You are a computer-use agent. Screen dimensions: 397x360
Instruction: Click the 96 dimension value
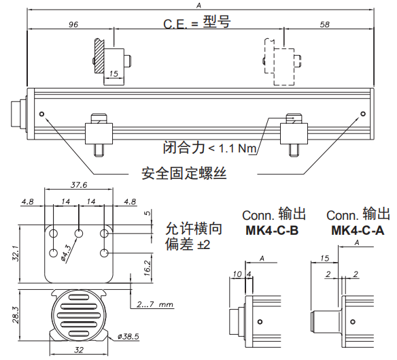pos(73,24)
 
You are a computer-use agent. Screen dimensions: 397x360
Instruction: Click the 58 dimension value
pos(325,24)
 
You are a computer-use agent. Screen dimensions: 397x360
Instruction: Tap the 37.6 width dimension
pos(79,185)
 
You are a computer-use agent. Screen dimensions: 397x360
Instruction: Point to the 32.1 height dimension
pos(16,253)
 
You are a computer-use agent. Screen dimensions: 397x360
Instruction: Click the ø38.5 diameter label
pos(128,336)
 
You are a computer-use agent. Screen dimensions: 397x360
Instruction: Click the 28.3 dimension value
pos(16,315)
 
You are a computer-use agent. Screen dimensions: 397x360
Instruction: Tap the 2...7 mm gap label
pos(155,304)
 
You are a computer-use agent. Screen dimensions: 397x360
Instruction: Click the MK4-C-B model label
pos(272,231)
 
